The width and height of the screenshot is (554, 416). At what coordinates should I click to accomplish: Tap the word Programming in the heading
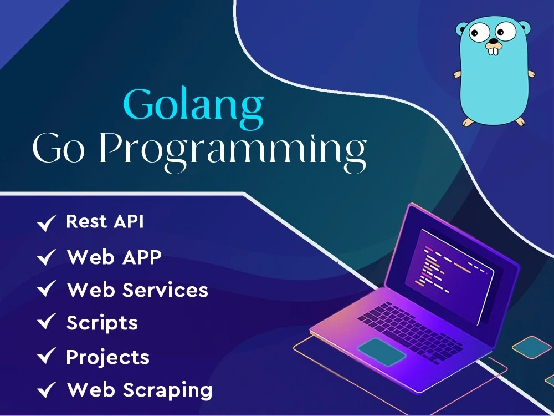point(233,151)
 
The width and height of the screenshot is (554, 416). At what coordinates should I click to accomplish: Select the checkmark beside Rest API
point(47,223)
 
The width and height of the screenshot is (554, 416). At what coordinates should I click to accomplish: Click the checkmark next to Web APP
point(47,257)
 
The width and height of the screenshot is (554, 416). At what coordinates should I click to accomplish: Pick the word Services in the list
point(165,290)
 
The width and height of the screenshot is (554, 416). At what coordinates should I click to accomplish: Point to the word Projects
point(108,357)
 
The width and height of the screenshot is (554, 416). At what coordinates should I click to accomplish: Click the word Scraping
point(167,390)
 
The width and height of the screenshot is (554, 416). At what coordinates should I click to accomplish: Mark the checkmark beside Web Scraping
point(47,390)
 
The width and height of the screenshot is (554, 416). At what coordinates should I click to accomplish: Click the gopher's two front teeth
point(493,51)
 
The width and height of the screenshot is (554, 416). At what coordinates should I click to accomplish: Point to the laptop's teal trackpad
point(382,352)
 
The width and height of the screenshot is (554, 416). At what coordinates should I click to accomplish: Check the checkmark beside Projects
point(47,356)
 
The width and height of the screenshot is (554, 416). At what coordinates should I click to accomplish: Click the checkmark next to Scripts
point(47,322)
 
